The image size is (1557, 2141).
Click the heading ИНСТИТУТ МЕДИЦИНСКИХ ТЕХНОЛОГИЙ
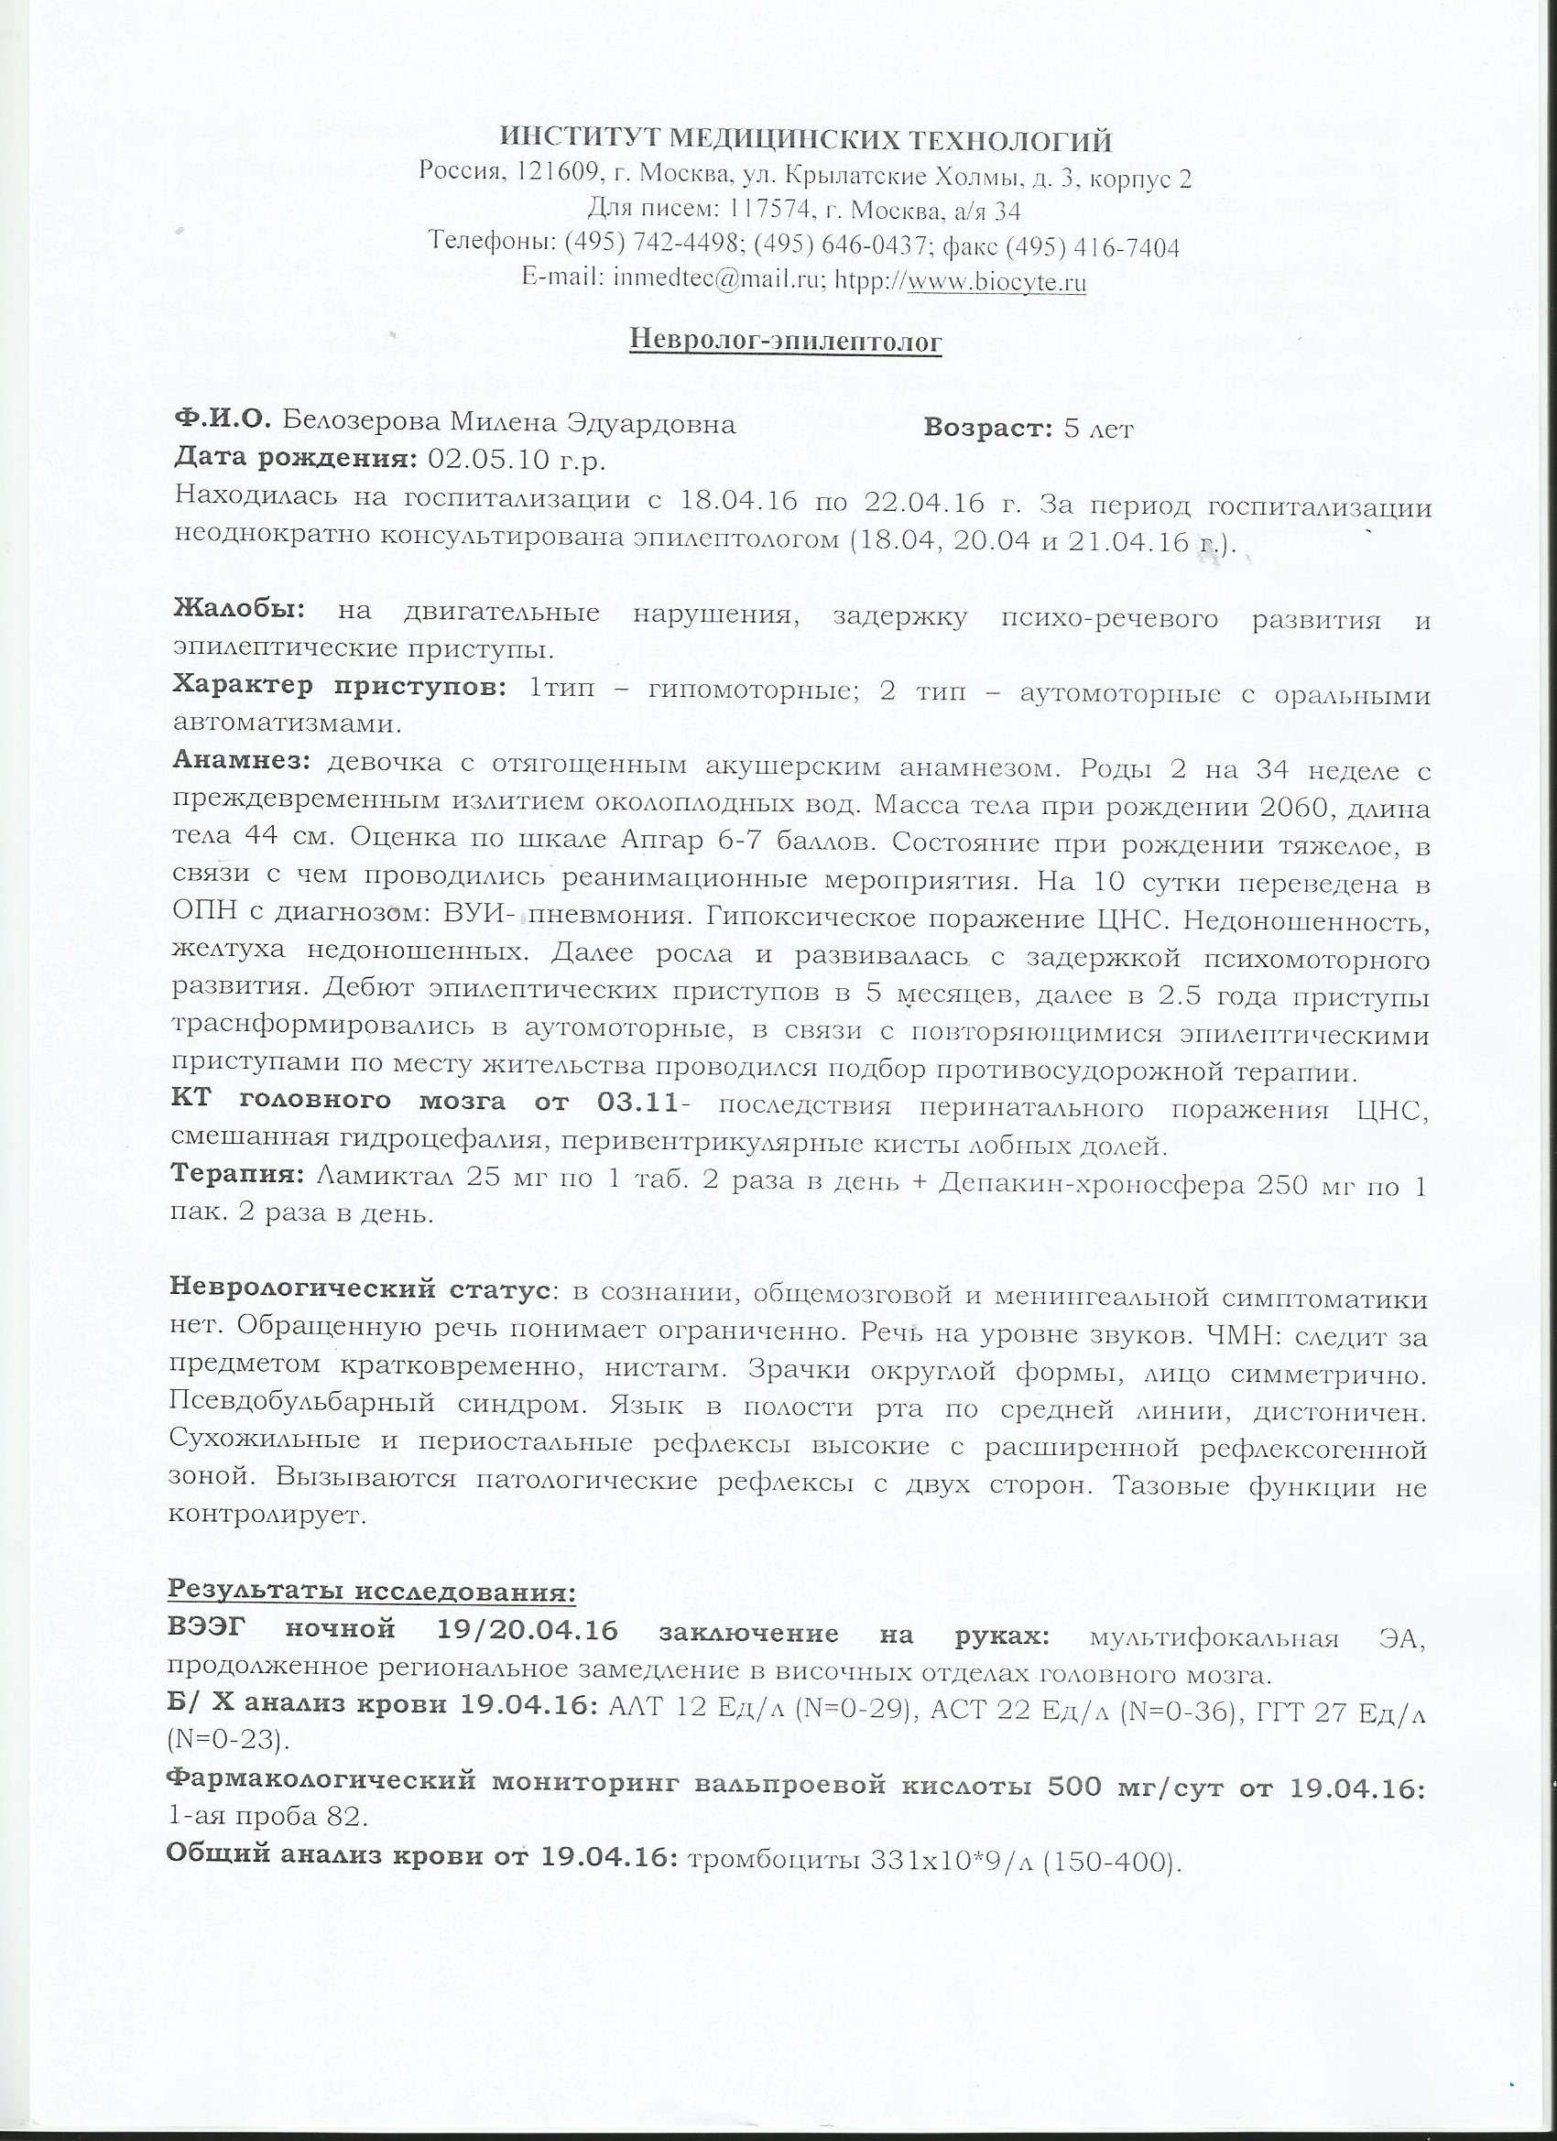(x=805, y=142)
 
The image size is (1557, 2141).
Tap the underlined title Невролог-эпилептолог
(x=786, y=341)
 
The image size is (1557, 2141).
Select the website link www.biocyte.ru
(x=996, y=280)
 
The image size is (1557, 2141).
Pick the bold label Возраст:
(x=987, y=428)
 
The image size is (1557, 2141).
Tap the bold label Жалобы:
(x=239, y=611)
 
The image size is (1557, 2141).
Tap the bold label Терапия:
(x=238, y=1174)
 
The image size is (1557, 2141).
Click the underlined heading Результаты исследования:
(x=371, y=1591)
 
